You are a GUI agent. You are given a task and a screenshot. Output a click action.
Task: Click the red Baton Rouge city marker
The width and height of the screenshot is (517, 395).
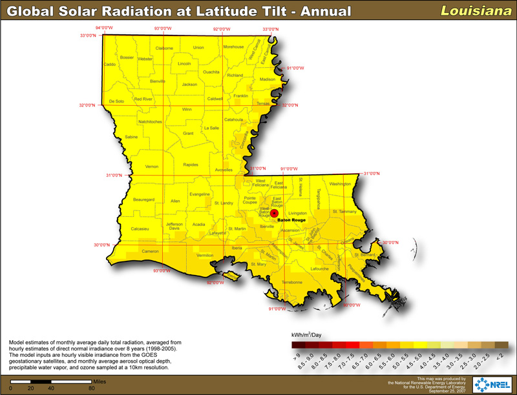(274, 213)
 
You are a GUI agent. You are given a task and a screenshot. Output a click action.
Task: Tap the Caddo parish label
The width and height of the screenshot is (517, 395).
(110, 65)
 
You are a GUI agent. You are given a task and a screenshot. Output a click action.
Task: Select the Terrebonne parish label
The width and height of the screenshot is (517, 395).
(293, 283)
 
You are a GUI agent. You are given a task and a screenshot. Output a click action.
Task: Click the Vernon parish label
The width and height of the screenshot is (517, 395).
(152, 167)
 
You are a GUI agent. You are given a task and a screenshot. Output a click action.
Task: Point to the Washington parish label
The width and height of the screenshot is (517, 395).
(339, 184)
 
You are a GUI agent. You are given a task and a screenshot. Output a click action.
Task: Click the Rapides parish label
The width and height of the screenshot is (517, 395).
(190, 165)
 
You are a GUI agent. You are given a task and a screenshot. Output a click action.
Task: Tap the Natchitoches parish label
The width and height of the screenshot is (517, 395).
(151, 121)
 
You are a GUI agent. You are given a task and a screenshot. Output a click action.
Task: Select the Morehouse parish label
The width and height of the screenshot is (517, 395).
(233, 47)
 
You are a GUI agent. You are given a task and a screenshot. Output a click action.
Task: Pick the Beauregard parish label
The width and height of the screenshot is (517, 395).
(144, 200)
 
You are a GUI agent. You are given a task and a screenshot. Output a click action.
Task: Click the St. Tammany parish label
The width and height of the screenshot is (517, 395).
(344, 211)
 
